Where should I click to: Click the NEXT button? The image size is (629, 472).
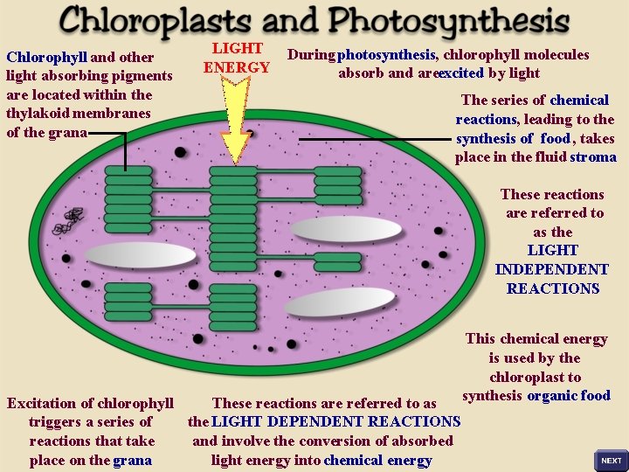click(x=611, y=460)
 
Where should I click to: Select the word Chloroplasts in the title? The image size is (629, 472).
click(x=148, y=19)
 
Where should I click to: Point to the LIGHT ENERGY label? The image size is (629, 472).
click(x=237, y=59)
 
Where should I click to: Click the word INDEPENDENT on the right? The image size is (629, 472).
click(x=551, y=269)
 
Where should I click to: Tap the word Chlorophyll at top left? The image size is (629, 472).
click(x=43, y=58)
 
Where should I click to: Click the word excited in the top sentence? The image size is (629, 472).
click(x=460, y=73)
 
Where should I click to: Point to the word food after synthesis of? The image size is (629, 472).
click(x=555, y=138)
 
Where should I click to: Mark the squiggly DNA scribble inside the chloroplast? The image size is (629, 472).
click(x=68, y=221)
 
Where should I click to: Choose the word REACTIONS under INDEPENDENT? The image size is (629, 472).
click(x=552, y=288)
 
